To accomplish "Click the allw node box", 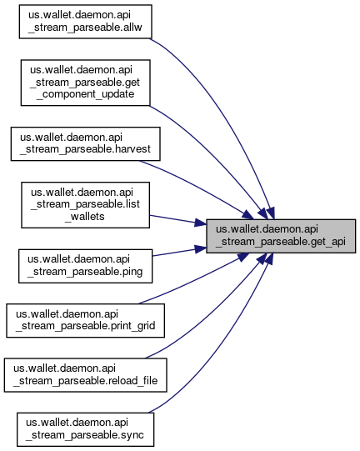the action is click(85, 22).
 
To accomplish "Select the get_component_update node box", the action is click(85, 83).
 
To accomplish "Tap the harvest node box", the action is click(85, 144).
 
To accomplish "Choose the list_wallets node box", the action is click(85, 205).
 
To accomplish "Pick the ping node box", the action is click(85, 266).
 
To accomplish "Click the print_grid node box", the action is click(85, 320).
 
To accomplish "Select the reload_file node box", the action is click(85, 375).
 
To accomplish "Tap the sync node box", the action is click(85, 429).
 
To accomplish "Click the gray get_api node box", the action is click(281, 236).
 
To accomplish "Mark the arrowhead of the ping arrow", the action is click(200, 248).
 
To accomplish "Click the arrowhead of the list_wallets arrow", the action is click(200, 223).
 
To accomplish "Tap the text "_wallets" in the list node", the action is click(85, 216).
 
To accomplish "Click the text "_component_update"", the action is click(85, 94).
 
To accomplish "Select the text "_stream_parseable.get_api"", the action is click(281, 242).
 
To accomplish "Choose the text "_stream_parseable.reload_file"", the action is click(85, 380).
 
